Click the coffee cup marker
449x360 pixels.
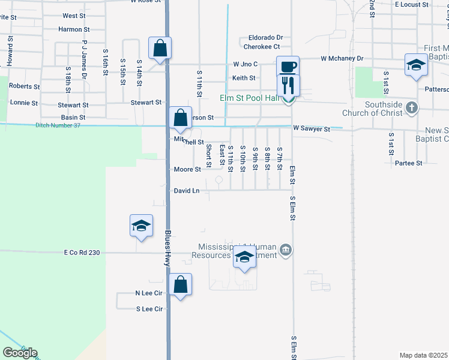pyautogui.click(x=288, y=66)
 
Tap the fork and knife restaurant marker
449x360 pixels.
pyautogui.click(x=288, y=85)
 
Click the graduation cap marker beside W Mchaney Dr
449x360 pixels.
pyautogui.click(x=416, y=64)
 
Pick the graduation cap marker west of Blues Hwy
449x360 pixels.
pyautogui.click(x=141, y=226)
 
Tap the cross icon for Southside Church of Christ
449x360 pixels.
pyautogui.click(x=411, y=108)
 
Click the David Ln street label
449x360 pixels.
pyautogui.click(x=187, y=191)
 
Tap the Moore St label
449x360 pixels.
pyautogui.click(x=187, y=169)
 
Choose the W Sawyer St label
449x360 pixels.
pyautogui.click(x=312, y=129)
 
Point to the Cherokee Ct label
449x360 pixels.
pyautogui.click(x=261, y=46)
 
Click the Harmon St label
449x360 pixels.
pyautogui.click(x=74, y=29)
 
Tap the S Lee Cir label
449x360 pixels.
pyautogui.click(x=149, y=309)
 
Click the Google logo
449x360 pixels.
pyautogui.click(x=20, y=353)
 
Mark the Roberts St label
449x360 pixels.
pyautogui.click(x=25, y=86)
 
